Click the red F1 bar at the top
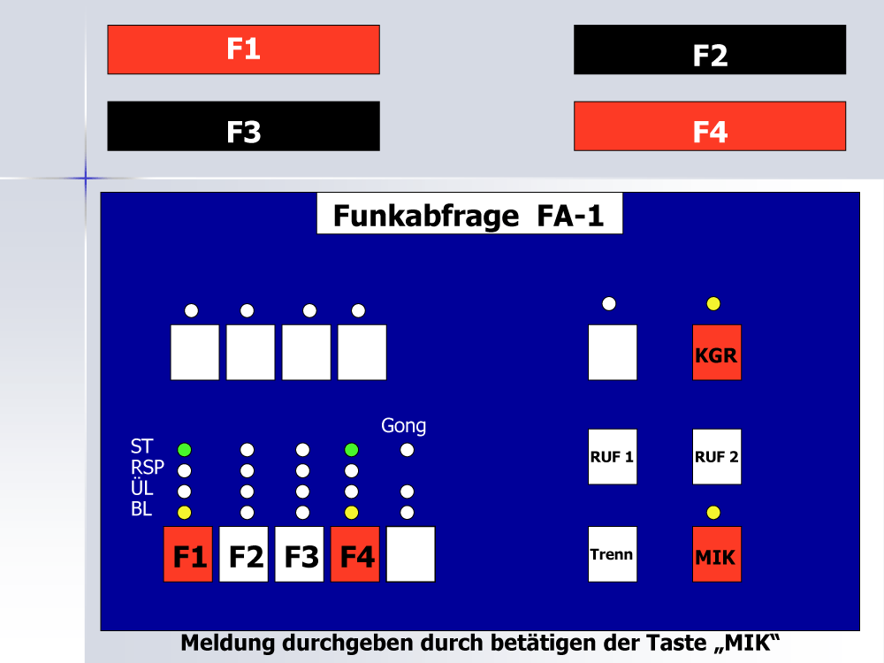coord(244,50)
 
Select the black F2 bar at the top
coord(710,50)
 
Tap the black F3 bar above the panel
coord(244,126)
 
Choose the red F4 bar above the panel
coord(710,126)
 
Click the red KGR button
coord(717,353)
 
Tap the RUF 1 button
coord(613,457)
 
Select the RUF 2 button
coord(717,457)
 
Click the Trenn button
coord(613,554)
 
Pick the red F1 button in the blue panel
coord(187,554)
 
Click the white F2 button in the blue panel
coord(244,554)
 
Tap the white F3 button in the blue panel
coord(300,554)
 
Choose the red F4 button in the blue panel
coord(354,554)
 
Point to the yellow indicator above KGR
coord(713,304)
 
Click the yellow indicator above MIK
coord(713,513)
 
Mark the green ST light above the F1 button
coord(185,450)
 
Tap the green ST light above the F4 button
coord(351,450)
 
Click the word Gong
coord(404,426)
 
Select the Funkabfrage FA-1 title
coord(469,216)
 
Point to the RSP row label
coord(147,467)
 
